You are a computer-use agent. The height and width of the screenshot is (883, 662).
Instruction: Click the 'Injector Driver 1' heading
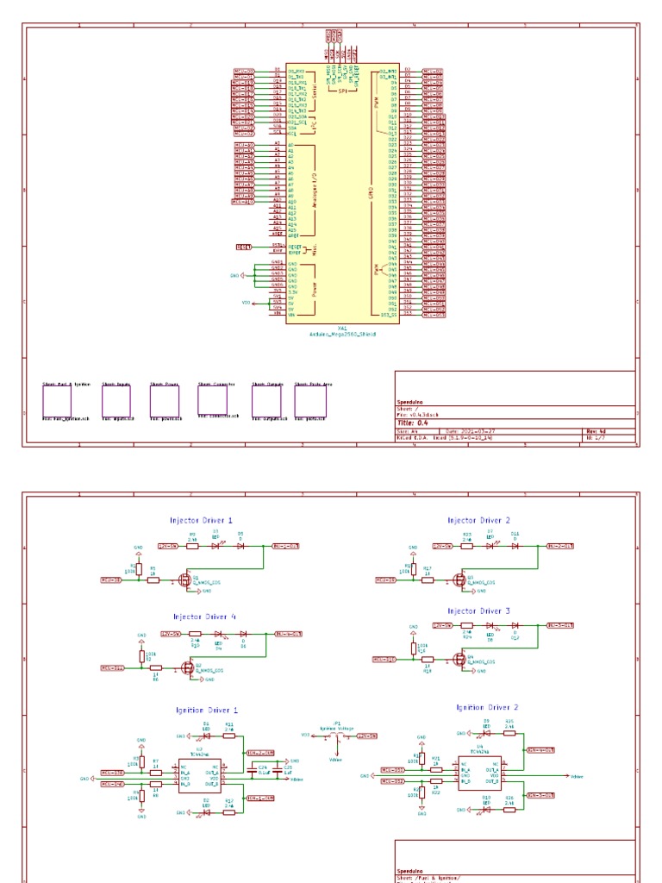point(201,521)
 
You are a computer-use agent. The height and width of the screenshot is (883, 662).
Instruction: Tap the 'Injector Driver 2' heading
point(479,521)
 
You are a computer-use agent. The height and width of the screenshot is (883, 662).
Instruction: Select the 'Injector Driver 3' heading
point(479,611)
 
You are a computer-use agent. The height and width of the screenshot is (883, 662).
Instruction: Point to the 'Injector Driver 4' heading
point(204,617)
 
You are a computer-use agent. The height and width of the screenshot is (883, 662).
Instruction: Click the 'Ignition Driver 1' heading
point(206,711)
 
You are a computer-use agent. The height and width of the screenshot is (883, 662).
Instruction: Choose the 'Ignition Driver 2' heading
point(486,707)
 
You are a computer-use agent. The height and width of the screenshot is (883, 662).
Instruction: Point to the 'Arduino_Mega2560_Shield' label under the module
point(343,333)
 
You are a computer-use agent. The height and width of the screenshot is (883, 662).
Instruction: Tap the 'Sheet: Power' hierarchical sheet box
point(164,401)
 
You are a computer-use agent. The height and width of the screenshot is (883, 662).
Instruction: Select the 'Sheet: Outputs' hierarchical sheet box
point(266,401)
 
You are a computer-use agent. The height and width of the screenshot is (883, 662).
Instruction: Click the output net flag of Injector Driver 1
point(285,546)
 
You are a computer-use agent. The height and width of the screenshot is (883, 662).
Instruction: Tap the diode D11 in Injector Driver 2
point(515,546)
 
